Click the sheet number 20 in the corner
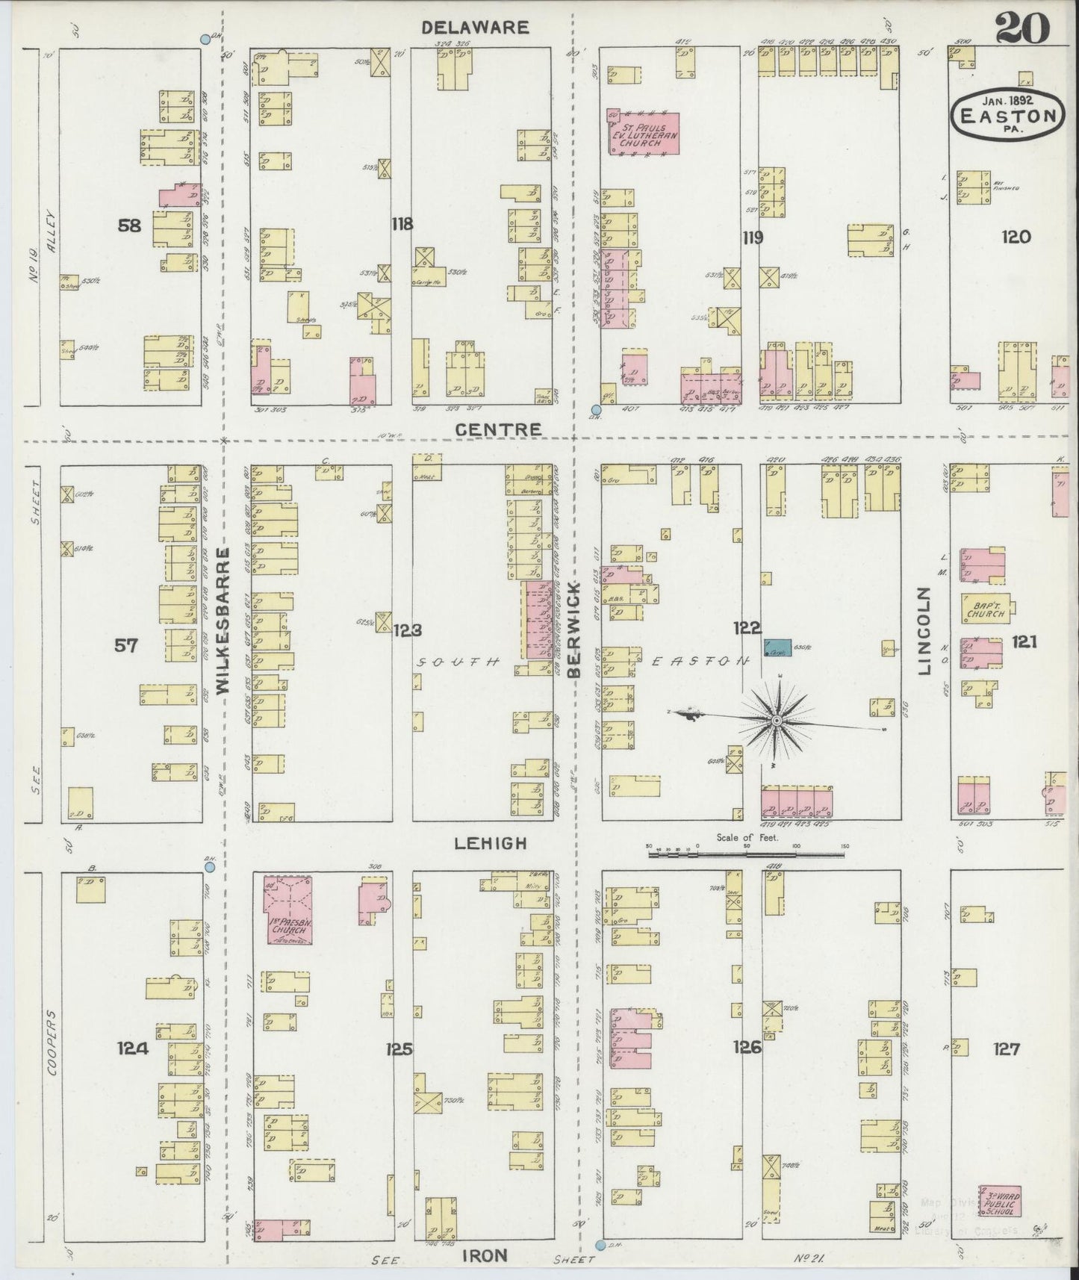[1022, 30]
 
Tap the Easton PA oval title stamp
[1007, 114]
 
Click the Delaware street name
[475, 28]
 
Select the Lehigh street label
[490, 843]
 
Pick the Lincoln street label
[925, 631]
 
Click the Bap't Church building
[986, 608]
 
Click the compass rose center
[777, 720]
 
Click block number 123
[408, 630]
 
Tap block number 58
[129, 224]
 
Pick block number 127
[1006, 1049]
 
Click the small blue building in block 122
[777, 647]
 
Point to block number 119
[752, 238]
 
